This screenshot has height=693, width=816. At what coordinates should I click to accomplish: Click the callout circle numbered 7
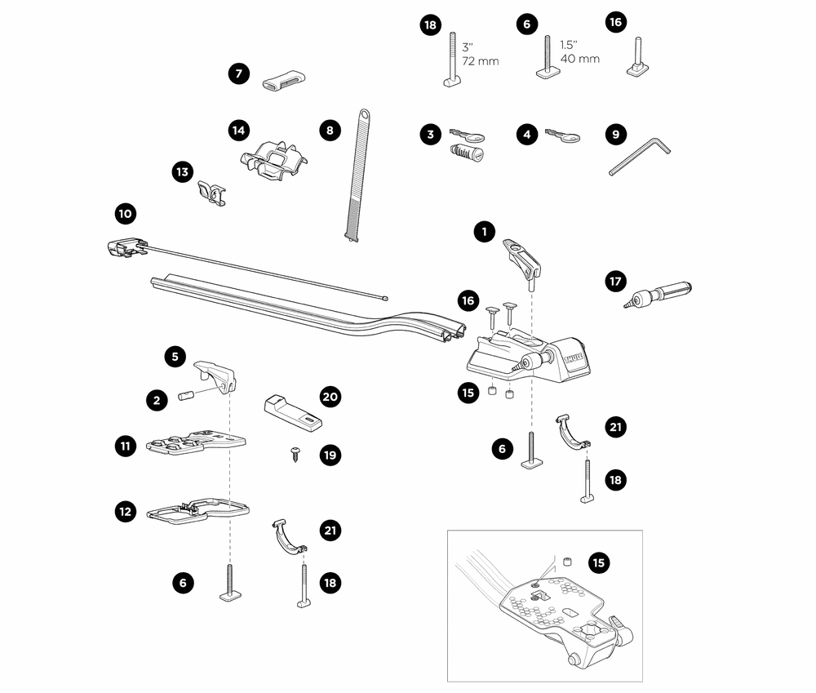(x=238, y=74)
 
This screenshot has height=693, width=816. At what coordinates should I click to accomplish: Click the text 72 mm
(x=481, y=61)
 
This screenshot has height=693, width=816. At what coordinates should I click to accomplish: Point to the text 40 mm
(x=579, y=59)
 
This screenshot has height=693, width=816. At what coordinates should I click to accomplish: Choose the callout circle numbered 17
(x=615, y=281)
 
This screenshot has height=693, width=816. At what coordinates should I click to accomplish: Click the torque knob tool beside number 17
(x=659, y=293)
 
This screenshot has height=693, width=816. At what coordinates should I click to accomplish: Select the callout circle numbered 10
(x=125, y=215)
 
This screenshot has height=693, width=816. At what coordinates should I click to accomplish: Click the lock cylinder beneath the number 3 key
(x=467, y=153)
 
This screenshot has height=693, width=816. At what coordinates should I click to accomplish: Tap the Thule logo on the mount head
(x=570, y=358)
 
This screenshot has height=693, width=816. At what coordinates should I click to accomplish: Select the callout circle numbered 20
(x=330, y=397)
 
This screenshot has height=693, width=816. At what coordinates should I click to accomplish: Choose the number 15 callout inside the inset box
(x=600, y=562)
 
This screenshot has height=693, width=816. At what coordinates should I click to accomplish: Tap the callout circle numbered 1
(x=484, y=232)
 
